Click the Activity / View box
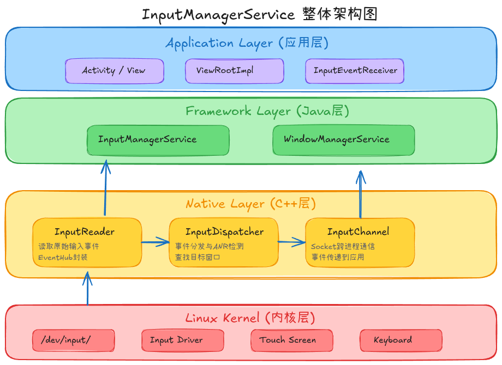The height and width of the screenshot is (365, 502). [115, 71]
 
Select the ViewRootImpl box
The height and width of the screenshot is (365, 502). [234, 71]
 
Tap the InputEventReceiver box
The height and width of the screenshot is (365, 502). [355, 71]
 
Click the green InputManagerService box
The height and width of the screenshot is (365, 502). [158, 141]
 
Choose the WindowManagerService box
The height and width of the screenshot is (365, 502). [344, 141]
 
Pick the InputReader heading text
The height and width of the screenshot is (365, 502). [85, 232]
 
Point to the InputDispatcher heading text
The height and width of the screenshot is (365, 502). [224, 232]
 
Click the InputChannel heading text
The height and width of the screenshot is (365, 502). [358, 232]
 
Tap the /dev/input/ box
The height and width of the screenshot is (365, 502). [74, 340]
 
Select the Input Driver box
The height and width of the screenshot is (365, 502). [183, 340]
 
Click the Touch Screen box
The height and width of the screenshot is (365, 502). [292, 340]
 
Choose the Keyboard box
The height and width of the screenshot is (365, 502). [401, 340]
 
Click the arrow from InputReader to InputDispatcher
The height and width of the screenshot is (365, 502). [156, 242]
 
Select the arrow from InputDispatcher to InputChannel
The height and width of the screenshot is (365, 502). [292, 242]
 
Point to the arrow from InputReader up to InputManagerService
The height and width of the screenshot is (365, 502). [105, 187]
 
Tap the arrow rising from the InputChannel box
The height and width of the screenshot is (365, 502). [361, 194]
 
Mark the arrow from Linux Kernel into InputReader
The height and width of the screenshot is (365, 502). [87, 288]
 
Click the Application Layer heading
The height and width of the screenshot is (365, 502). [247, 43]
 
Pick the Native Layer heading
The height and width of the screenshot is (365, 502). [250, 204]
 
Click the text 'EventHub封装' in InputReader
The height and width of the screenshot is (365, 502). [63, 257]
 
